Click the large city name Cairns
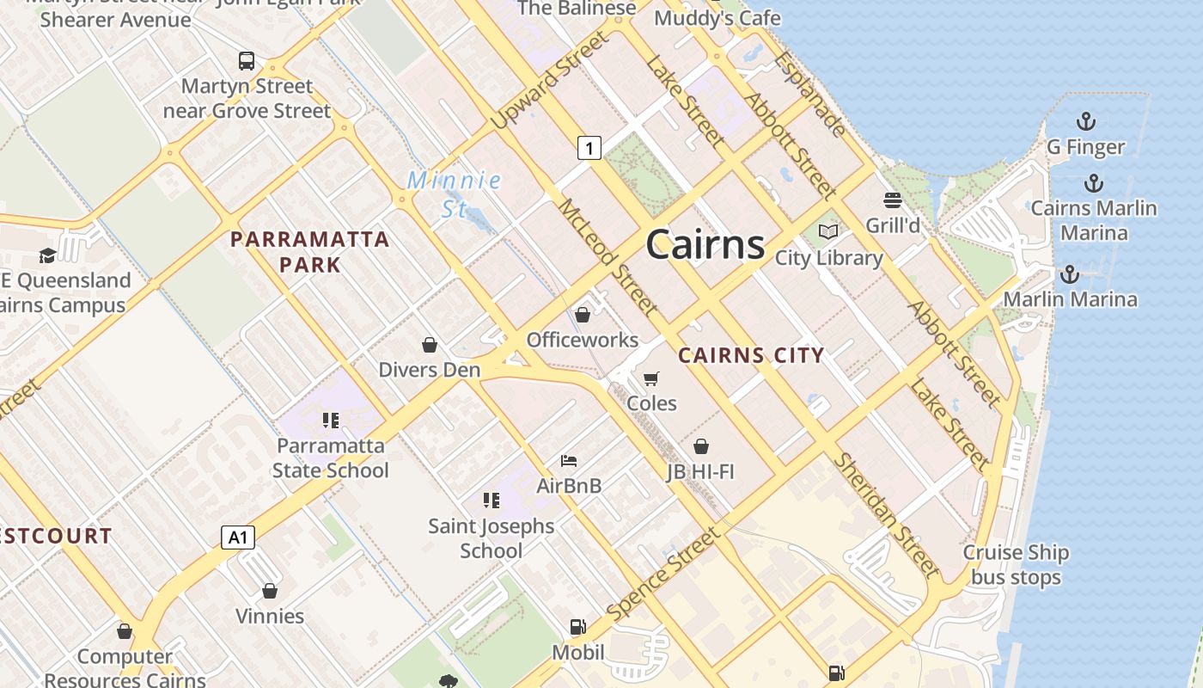pos(705,245)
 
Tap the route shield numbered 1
pos(589,148)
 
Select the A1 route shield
pos(238,538)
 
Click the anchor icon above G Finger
pos(1086,120)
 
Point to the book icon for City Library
pos(828,231)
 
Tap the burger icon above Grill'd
pos(893,200)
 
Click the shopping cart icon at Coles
pos(651,378)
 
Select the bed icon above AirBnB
pos(568,461)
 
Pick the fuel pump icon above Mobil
pos(578,627)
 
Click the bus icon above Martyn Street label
pos(247,61)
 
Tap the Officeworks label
pos(583,340)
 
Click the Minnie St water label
pos(454,194)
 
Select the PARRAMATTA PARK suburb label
pos(310,251)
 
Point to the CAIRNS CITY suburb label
pos(751,355)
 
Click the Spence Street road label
pos(663,574)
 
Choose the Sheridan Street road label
pos(886,514)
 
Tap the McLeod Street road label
pos(608,256)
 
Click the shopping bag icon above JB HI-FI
pos(701,446)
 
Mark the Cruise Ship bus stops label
pos(1016,565)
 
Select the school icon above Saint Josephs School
pos(492,500)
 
